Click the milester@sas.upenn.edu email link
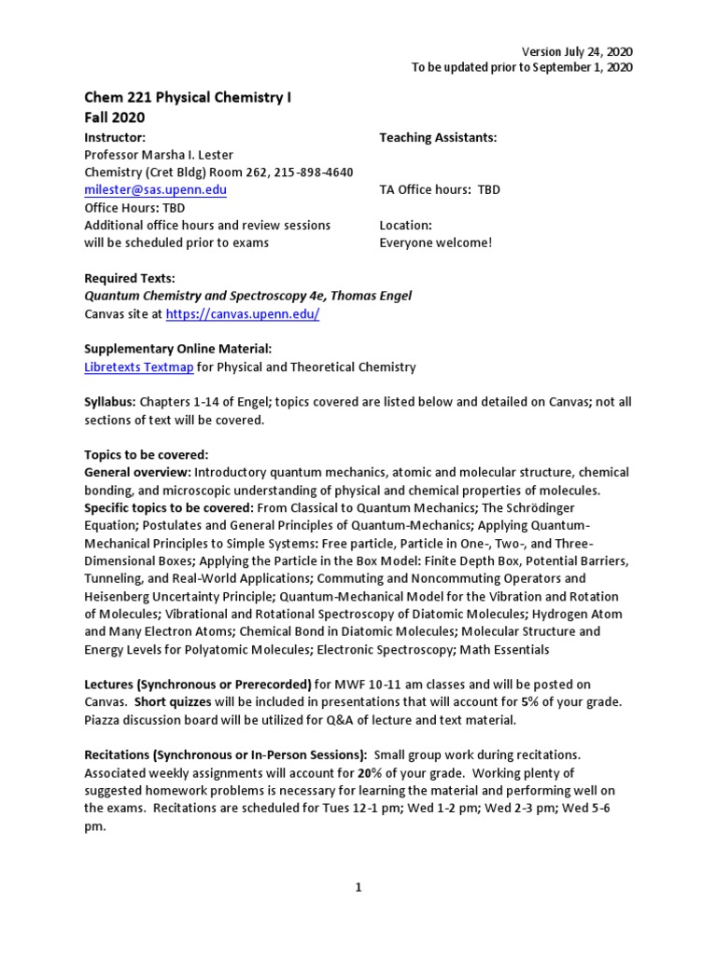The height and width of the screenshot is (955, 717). coord(155,189)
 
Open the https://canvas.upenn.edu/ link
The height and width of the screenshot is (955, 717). coord(243,314)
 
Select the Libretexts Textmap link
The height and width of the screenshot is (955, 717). coord(139,367)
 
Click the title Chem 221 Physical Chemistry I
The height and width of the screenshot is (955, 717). coord(188,99)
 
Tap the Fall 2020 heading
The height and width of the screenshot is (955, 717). coord(115,118)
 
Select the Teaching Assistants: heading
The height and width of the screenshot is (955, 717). coord(438,137)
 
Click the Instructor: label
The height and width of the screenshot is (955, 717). coord(115,137)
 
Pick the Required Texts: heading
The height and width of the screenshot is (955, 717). coord(130,279)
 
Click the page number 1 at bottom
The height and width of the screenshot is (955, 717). coord(358,888)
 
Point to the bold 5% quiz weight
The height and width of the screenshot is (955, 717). coord(552,702)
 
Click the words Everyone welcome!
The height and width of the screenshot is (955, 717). coord(435,243)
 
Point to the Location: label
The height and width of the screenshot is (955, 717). coord(405,226)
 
